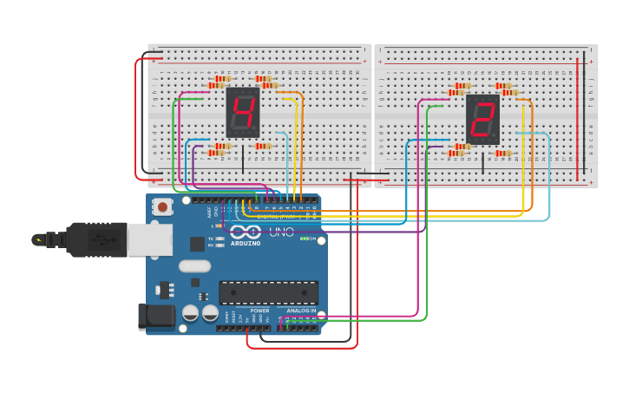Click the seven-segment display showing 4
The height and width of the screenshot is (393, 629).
(x=243, y=113)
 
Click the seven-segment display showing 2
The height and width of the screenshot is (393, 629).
(x=482, y=120)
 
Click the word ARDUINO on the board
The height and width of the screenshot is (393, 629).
(x=246, y=244)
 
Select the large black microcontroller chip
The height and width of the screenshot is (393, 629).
(x=268, y=292)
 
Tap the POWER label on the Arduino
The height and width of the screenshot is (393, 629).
(x=259, y=310)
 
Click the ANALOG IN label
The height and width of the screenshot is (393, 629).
(x=301, y=310)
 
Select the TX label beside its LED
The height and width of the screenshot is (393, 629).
(x=210, y=238)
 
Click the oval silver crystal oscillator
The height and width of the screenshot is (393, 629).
(x=195, y=266)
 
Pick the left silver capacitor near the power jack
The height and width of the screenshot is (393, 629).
(x=190, y=313)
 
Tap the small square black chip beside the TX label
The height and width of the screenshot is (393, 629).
(x=198, y=244)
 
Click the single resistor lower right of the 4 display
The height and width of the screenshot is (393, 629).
(x=264, y=146)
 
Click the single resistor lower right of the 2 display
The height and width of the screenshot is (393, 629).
(x=503, y=154)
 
